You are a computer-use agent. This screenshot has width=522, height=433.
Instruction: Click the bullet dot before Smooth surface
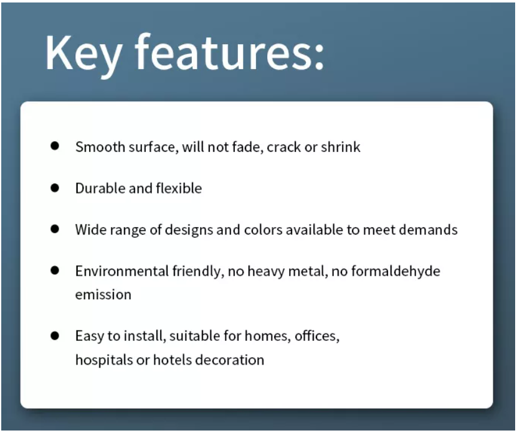click(55, 146)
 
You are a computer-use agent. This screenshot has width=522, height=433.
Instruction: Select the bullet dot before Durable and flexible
click(55, 188)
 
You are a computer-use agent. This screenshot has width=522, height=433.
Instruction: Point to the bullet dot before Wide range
click(55, 229)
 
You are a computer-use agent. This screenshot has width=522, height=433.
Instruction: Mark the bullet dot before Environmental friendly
click(55, 271)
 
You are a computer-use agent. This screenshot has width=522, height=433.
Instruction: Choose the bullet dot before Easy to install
click(55, 335)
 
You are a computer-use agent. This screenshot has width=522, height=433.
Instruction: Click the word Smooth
click(100, 147)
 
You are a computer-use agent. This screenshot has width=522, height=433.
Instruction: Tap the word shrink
click(341, 147)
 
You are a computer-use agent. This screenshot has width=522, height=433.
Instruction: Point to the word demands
click(428, 230)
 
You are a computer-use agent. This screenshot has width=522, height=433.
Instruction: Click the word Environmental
click(122, 271)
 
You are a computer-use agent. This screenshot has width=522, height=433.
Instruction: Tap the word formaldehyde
click(396, 271)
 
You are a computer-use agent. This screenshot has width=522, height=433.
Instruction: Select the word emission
click(103, 295)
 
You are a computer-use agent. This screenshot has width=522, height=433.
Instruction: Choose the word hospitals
click(104, 360)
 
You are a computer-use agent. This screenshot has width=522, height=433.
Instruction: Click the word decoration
click(230, 360)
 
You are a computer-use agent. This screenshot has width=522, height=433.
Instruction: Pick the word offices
click(317, 336)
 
